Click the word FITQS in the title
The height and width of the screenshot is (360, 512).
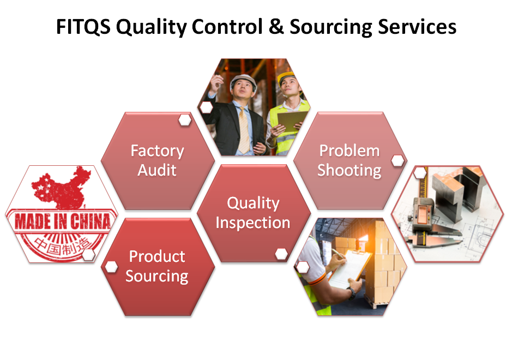(x=82, y=27)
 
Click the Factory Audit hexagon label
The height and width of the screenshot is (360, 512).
(x=157, y=160)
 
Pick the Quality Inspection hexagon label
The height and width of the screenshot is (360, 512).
(x=253, y=213)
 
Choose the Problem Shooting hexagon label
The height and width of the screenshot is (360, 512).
(x=350, y=160)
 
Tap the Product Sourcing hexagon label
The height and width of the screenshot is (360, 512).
(x=157, y=266)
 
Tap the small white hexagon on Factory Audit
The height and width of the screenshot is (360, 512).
(x=185, y=119)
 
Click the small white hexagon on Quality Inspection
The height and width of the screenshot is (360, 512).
(x=281, y=253)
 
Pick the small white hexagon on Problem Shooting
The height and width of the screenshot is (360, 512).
(x=398, y=160)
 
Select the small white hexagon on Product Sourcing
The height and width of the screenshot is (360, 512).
(x=112, y=267)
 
